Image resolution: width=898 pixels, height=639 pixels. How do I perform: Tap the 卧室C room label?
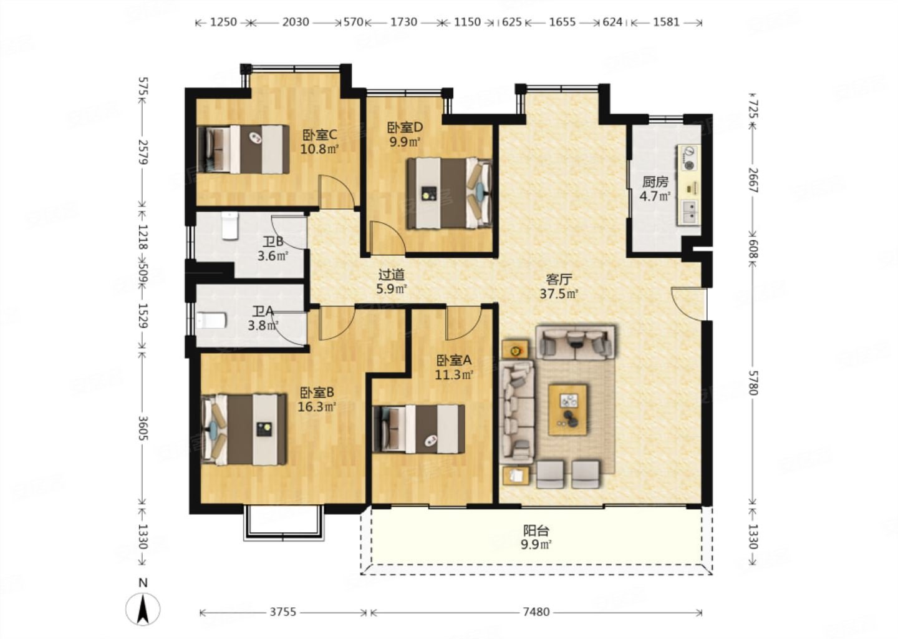320,135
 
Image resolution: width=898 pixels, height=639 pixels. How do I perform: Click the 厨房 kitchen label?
655,182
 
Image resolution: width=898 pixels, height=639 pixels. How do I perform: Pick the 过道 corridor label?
392,275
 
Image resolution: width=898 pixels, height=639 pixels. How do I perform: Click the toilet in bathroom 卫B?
230,226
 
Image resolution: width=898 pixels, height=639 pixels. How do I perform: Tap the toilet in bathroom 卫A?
211,321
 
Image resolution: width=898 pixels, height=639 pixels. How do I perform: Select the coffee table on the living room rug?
568,409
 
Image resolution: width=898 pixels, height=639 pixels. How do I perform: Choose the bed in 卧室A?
418,429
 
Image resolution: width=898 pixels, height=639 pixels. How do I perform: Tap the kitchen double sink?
690,212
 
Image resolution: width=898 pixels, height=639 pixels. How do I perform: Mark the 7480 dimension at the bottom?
536,612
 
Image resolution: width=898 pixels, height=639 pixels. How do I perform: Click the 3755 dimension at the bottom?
282,612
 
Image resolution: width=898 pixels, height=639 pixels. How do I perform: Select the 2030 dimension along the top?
295,22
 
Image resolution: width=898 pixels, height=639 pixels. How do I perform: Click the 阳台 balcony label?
536,530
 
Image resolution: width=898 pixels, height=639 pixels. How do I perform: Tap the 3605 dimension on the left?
143,428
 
